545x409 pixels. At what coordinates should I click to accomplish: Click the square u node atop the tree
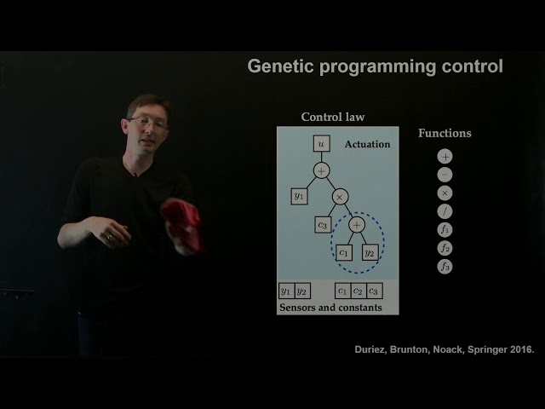point(321,145)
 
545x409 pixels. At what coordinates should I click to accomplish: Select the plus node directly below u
point(321,171)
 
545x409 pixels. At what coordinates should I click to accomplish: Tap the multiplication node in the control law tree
point(340,197)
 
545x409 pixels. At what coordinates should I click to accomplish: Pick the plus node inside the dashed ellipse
point(357,225)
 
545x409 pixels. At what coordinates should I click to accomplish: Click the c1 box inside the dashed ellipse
point(344,252)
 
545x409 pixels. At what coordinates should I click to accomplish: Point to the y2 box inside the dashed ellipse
point(370,252)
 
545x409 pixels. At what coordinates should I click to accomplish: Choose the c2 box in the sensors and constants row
point(358,291)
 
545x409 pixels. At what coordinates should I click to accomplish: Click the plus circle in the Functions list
point(445,157)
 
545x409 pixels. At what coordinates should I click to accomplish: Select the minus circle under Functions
point(445,175)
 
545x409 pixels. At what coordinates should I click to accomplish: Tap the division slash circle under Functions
point(445,211)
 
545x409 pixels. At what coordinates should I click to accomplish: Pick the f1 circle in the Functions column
point(445,230)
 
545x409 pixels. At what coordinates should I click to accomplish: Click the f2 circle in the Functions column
point(445,248)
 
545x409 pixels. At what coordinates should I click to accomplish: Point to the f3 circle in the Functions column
point(445,267)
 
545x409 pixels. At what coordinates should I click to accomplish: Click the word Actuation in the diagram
point(367,145)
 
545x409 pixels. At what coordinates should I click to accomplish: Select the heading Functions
point(445,133)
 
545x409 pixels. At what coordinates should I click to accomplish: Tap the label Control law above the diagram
point(333,117)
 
